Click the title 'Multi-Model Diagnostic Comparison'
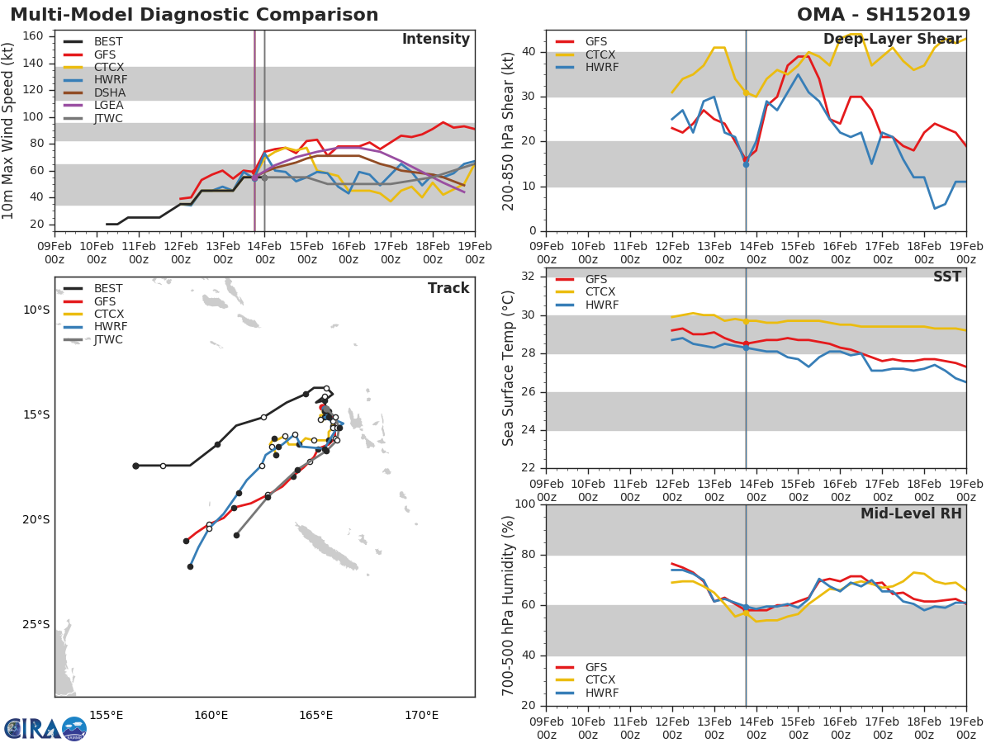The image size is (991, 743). pyautogui.click(x=194, y=15)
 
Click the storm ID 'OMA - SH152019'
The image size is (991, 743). pyautogui.click(x=883, y=15)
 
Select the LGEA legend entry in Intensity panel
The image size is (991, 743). pyautogui.click(x=108, y=105)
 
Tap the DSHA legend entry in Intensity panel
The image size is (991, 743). pyautogui.click(x=108, y=92)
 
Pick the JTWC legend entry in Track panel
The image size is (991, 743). pyautogui.click(x=108, y=339)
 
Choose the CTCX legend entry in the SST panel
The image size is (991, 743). pyautogui.click(x=600, y=292)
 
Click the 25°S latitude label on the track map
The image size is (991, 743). pyautogui.click(x=36, y=625)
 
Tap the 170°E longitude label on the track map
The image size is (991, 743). pyautogui.click(x=421, y=715)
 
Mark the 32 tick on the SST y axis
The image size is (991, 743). pyautogui.click(x=529, y=277)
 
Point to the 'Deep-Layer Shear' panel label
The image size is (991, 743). pyautogui.click(x=892, y=40)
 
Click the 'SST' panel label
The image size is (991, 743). pyautogui.click(x=946, y=277)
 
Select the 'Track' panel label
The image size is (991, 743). pyautogui.click(x=448, y=288)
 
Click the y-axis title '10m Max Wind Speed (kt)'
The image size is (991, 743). pyautogui.click(x=9, y=130)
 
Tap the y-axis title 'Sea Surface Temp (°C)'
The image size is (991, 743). pyautogui.click(x=509, y=368)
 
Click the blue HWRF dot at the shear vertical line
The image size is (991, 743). pyautogui.click(x=746, y=164)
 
